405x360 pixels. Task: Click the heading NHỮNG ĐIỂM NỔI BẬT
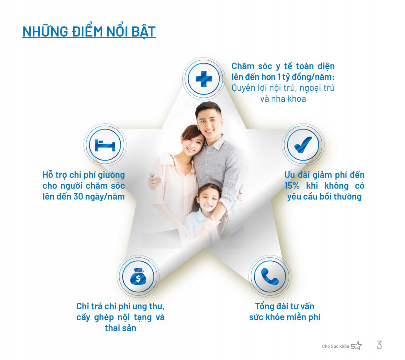(89, 32)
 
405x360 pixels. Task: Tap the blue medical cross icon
(204, 79)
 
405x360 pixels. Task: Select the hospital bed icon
(105, 145)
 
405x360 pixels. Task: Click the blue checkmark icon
(303, 144)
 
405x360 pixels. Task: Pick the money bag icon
(138, 276)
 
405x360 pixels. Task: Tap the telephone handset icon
(270, 276)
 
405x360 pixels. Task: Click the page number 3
(379, 345)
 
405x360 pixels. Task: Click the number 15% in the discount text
(292, 186)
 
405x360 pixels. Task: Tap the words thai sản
(120, 328)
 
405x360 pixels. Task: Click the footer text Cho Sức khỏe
(335, 346)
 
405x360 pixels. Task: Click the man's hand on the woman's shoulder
(154, 181)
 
